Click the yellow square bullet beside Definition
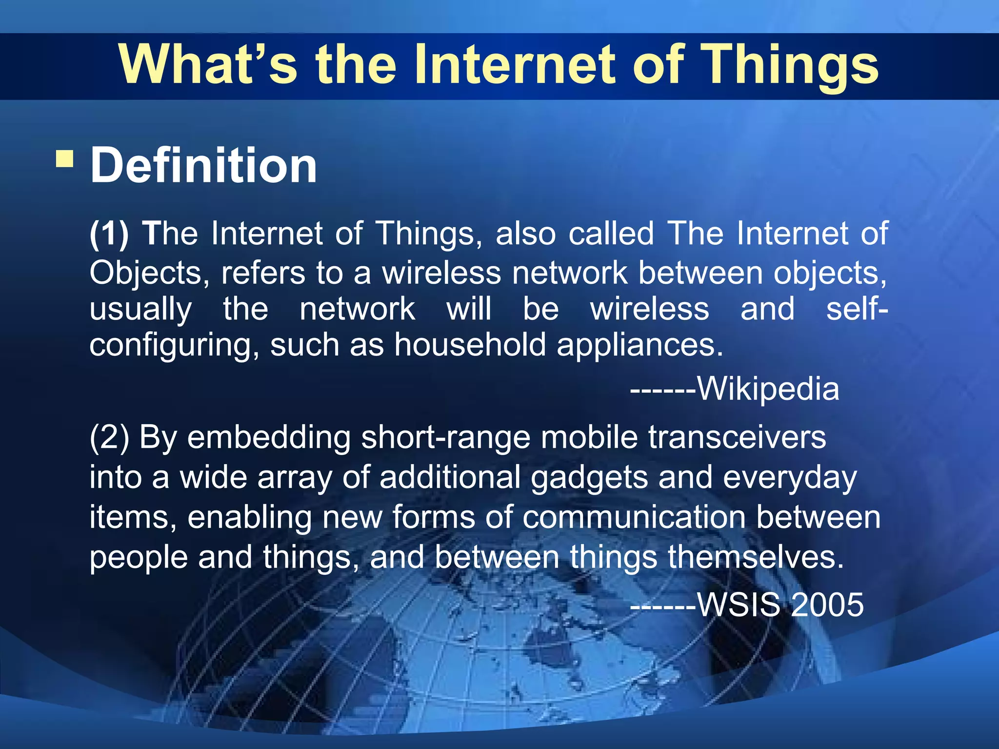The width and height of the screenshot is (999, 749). pyautogui.click(x=64, y=158)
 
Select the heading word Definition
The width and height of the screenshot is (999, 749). pyautogui.click(x=204, y=166)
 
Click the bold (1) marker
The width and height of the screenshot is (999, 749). pyautogui.click(x=109, y=234)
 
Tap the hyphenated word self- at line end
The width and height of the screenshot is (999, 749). pyautogui.click(x=857, y=309)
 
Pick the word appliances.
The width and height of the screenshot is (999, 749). pyautogui.click(x=639, y=345)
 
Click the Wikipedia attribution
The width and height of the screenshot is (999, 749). pyautogui.click(x=768, y=389)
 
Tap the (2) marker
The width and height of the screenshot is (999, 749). pyautogui.click(x=109, y=437)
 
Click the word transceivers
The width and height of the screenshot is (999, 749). pyautogui.click(x=737, y=437)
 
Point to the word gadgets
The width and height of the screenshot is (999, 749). pyautogui.click(x=589, y=477)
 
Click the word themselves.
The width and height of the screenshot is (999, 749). pyautogui.click(x=756, y=557)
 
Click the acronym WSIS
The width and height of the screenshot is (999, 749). pyautogui.click(x=739, y=605)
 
